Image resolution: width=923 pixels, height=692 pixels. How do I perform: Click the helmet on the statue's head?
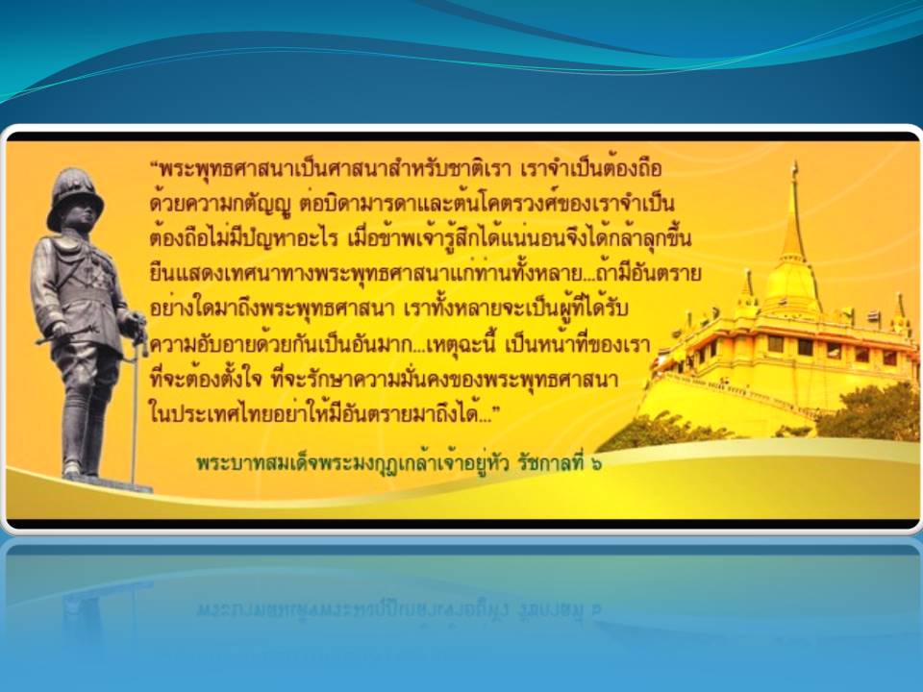point(75,197)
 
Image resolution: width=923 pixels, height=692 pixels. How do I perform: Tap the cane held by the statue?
point(136,406)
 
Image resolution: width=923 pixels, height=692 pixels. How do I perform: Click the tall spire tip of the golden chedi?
point(795,167)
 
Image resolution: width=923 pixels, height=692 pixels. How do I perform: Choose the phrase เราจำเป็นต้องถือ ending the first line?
point(591,169)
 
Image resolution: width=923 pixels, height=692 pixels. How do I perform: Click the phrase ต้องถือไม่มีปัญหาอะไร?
point(243,239)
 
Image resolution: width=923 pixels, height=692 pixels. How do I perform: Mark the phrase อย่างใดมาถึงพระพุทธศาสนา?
point(271,309)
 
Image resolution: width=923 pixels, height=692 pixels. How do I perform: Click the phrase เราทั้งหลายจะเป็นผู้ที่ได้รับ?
point(516,309)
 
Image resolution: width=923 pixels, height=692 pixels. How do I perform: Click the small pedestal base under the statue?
point(109,483)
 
